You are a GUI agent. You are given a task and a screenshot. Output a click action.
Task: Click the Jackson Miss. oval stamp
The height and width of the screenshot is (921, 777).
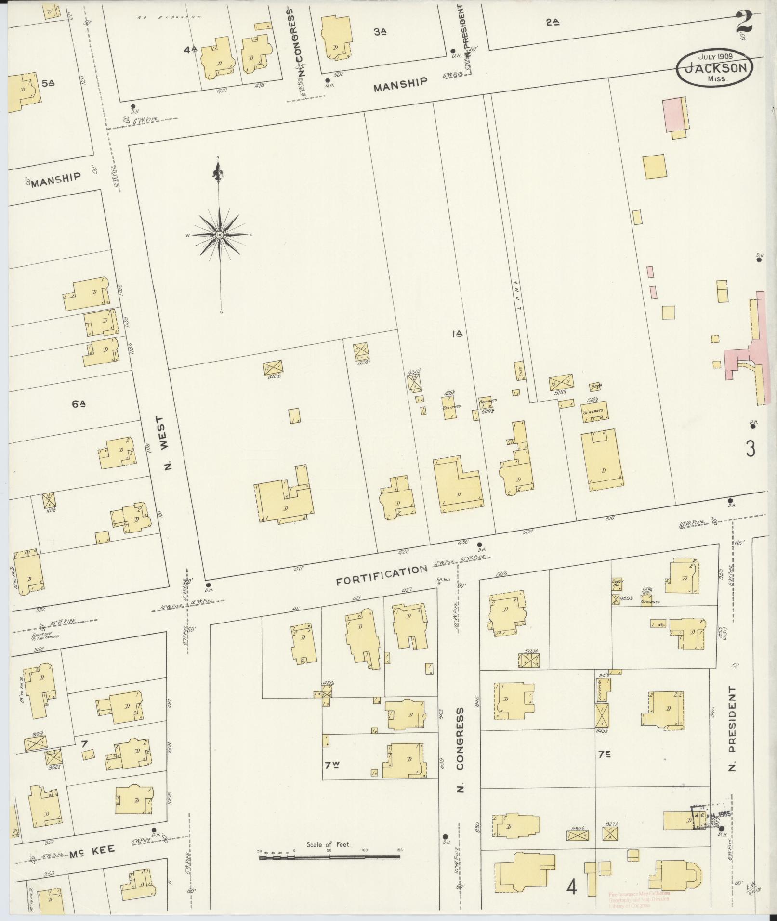point(714,68)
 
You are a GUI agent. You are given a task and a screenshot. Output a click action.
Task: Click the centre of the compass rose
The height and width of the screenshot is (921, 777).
point(219,235)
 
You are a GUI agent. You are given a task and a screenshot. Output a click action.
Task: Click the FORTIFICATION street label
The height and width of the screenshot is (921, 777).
point(382,575)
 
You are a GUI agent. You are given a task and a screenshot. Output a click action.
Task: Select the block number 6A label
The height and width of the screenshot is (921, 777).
point(79,404)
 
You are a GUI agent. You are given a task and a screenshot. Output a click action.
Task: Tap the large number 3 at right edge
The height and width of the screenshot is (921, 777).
point(750,449)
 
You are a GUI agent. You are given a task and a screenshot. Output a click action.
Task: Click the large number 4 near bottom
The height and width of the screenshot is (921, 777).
point(572,886)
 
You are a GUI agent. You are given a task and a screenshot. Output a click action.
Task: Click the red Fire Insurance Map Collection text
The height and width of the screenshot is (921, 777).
point(639,894)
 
